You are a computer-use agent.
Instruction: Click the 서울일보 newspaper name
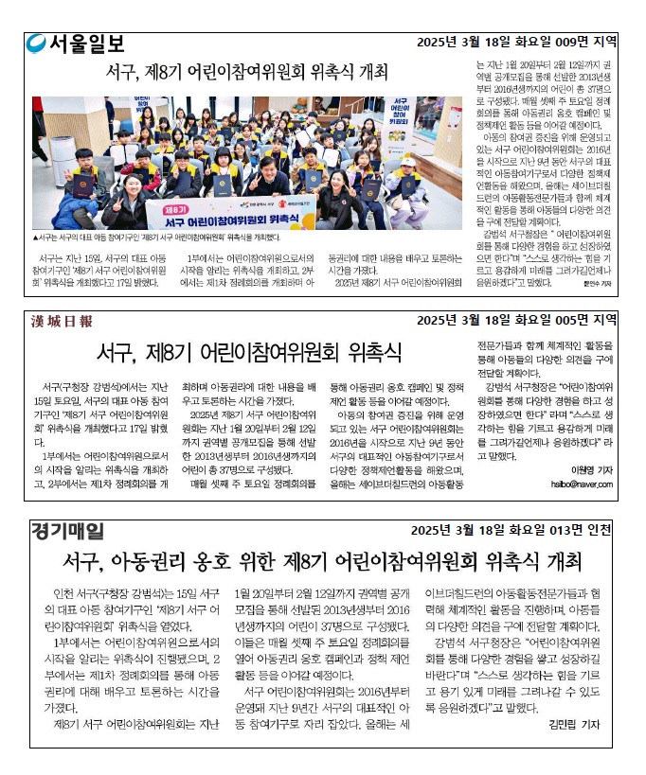[x=86, y=44]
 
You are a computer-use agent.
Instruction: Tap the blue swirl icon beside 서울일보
[x=37, y=44]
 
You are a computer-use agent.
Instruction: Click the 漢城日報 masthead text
[x=62, y=321]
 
